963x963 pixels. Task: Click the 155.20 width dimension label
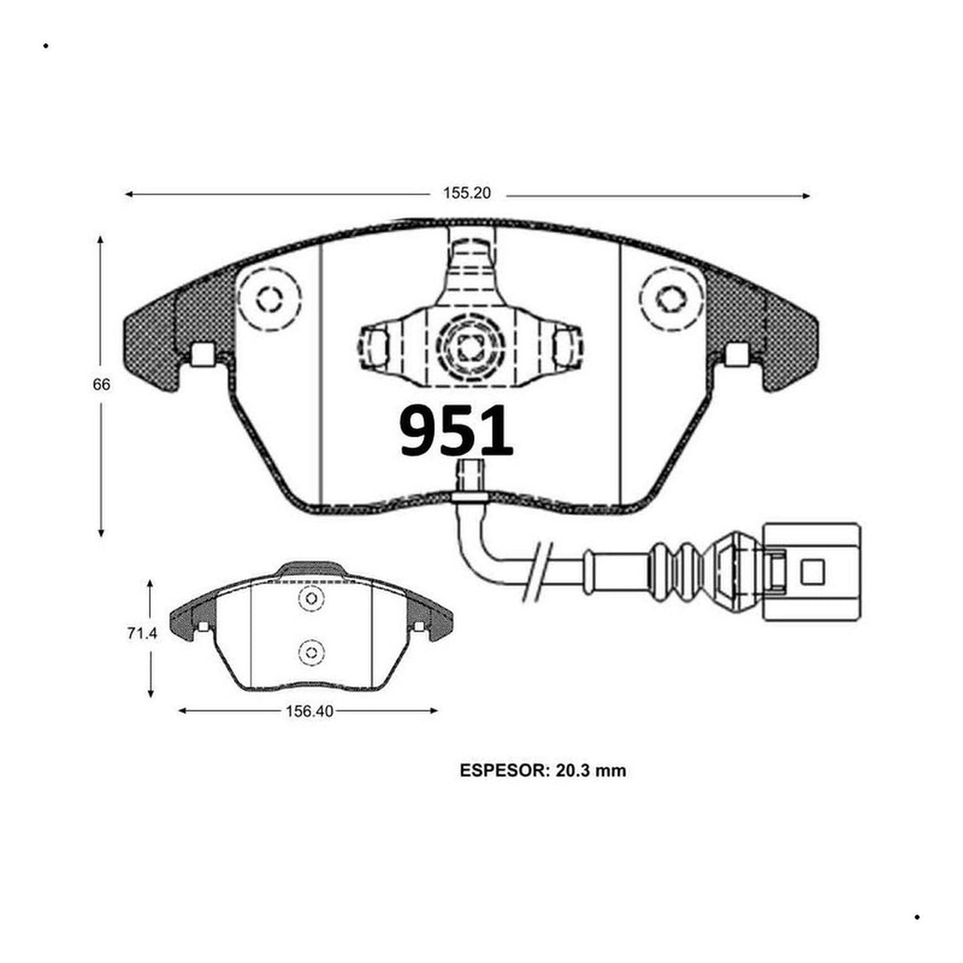[467, 193]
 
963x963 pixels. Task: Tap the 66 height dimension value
[101, 385]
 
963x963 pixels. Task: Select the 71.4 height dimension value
[142, 634]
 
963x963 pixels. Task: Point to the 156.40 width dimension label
[309, 712]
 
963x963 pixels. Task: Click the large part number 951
[457, 431]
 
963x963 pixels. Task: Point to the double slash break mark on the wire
[538, 571]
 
